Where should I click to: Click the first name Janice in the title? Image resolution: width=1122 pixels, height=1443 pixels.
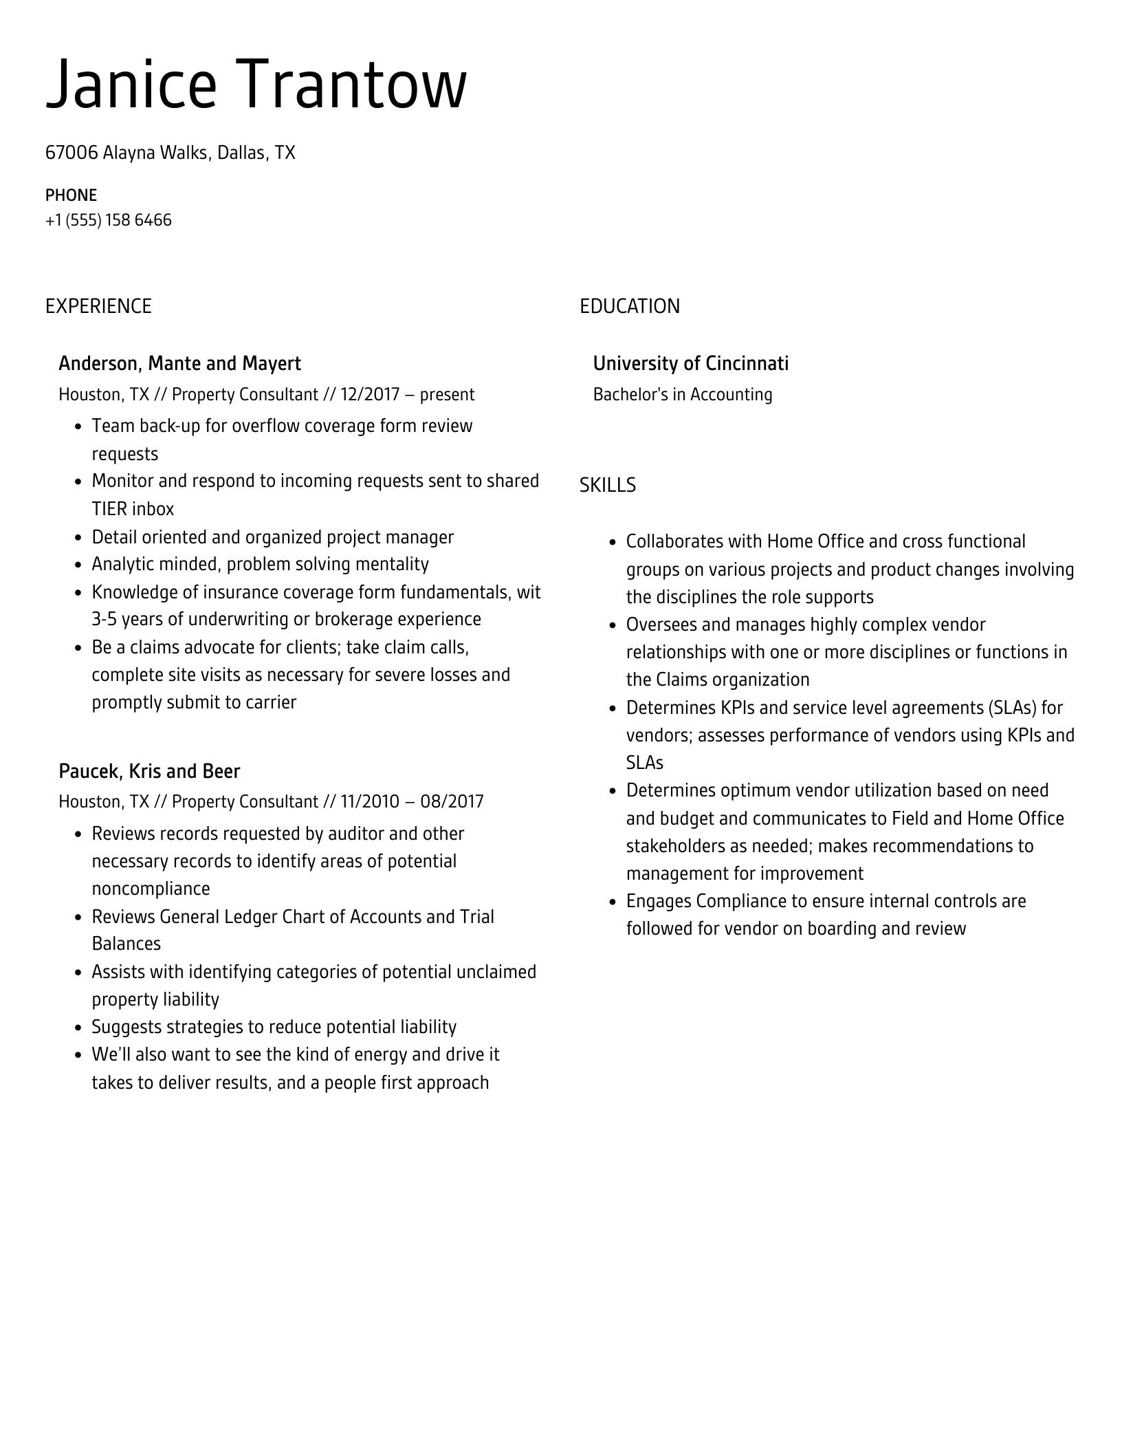coord(131,85)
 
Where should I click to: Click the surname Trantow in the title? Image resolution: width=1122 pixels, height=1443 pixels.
coord(356,85)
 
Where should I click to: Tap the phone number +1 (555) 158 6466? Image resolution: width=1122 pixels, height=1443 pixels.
coord(108,220)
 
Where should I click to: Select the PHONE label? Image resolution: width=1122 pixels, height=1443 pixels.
coord(71,195)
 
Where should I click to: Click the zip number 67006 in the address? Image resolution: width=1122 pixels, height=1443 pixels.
coord(71,153)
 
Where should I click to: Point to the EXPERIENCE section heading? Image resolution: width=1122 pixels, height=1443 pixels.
coord(98,306)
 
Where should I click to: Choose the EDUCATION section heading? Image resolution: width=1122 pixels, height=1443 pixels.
coord(629,306)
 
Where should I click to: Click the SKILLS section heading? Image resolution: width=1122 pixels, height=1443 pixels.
coord(607,486)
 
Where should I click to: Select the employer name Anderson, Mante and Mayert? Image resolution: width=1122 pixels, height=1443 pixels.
coord(179,363)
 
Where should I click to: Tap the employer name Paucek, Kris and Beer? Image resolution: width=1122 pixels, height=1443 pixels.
coord(149,771)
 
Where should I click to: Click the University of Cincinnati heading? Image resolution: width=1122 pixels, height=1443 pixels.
coord(690,363)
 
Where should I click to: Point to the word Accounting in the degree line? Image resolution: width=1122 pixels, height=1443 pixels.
coord(731,395)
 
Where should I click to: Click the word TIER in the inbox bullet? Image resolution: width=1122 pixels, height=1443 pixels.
coord(109,509)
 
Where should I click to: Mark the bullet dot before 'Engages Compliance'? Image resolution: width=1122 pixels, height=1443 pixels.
coord(612,902)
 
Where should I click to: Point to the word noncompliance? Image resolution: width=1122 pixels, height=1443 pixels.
coord(151,889)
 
